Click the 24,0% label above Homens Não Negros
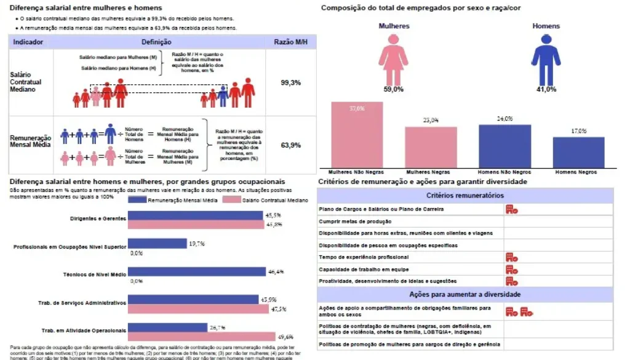point(504,119)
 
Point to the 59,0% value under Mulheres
point(393,89)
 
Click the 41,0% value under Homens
point(546,89)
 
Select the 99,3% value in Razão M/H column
point(290,82)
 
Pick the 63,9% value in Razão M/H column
point(290,145)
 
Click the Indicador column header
point(28,42)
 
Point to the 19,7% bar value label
point(197,244)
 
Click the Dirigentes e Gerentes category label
point(98,218)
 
